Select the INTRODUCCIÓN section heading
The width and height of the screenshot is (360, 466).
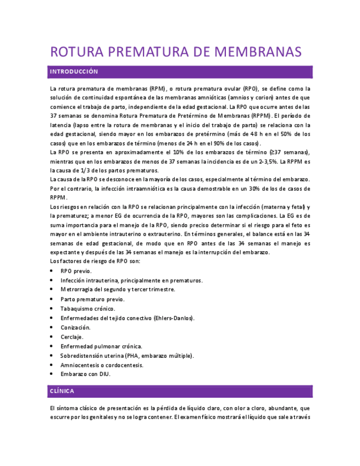[x=74, y=72]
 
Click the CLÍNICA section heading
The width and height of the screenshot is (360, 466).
[x=62, y=391]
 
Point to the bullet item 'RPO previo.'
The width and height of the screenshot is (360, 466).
[x=76, y=271]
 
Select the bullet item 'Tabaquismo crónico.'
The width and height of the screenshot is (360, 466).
[x=88, y=309]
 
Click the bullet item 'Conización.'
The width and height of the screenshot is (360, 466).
[x=76, y=328]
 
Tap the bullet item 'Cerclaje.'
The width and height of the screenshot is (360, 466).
[x=72, y=337]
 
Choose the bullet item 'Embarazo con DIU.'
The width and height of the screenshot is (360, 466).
[x=86, y=374]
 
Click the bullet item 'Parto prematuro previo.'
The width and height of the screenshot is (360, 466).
[x=93, y=299]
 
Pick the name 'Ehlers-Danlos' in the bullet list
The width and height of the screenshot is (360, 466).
[x=173, y=318]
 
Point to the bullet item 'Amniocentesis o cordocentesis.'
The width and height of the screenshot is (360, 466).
[x=102, y=365]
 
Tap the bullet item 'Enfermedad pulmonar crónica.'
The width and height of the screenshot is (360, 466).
[x=102, y=346]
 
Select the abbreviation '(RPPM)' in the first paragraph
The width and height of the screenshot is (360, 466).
[x=259, y=116]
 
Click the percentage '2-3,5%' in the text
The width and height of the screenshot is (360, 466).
[x=268, y=162]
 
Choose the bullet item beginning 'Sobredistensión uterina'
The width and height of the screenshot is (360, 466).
[x=128, y=356]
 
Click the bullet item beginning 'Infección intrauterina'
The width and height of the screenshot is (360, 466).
[x=131, y=280]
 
